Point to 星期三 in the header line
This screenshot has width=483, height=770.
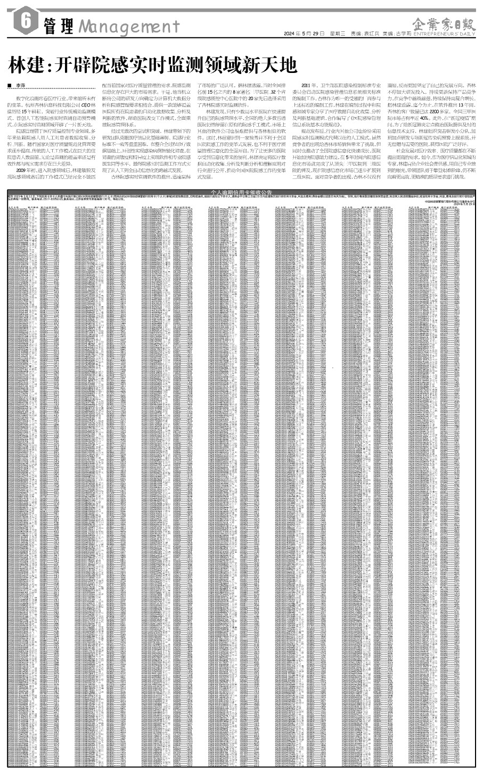pos(338,34)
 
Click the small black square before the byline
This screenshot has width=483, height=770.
pos(10,86)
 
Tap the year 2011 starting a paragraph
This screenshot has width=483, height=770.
pos(307,86)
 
